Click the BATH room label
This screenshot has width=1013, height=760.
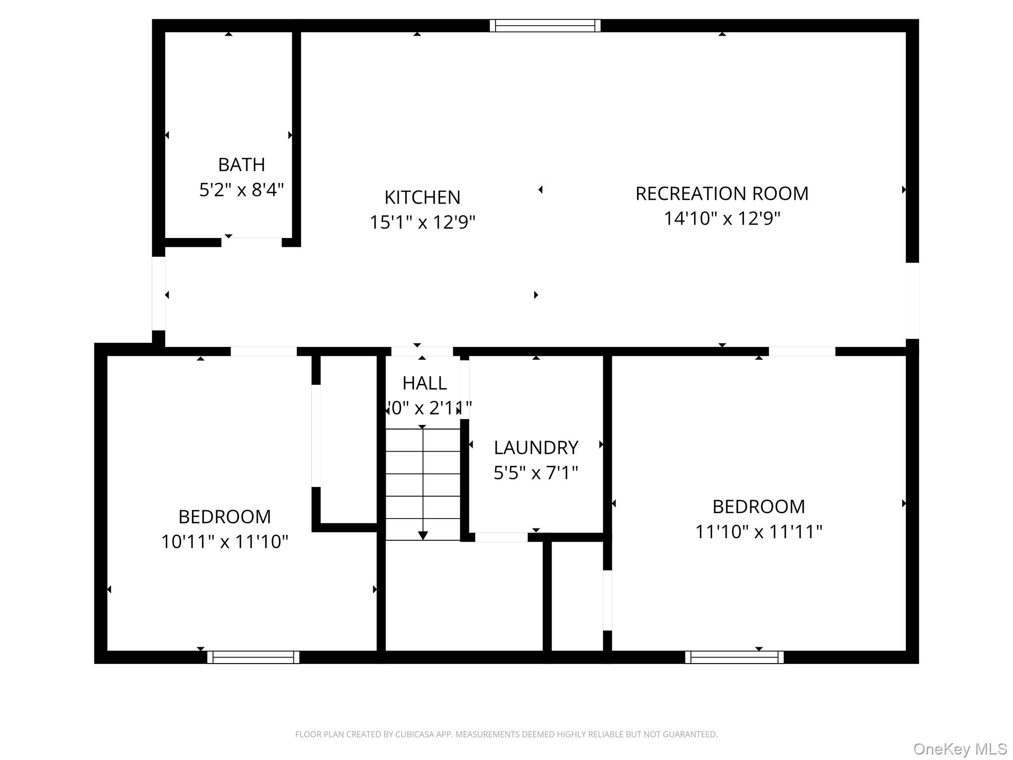tap(241, 165)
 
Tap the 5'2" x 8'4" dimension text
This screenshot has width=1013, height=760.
tap(241, 190)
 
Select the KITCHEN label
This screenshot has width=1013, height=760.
tap(422, 197)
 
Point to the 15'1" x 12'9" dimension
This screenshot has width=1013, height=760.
tap(422, 223)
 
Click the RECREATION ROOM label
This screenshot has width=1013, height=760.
tap(722, 193)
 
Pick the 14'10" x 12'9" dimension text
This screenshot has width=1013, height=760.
tap(722, 219)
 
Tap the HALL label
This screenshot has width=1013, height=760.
tap(424, 383)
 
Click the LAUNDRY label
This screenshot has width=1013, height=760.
tap(536, 448)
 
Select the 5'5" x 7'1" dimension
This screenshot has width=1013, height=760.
tap(536, 473)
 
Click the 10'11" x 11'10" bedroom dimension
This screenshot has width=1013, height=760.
tap(225, 542)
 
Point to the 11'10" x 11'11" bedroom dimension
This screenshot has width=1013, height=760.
tap(758, 532)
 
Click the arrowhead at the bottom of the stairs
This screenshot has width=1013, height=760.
tap(423, 535)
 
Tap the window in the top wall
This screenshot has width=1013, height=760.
tap(545, 26)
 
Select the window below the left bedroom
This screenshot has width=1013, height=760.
tap(253, 657)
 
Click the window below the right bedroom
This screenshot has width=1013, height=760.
tap(734, 657)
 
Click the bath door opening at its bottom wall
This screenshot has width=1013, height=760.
tap(251, 242)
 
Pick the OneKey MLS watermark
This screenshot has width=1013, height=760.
tap(960, 749)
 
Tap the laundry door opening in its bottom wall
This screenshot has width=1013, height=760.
tap(501, 537)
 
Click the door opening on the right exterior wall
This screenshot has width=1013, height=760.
tap(912, 300)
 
